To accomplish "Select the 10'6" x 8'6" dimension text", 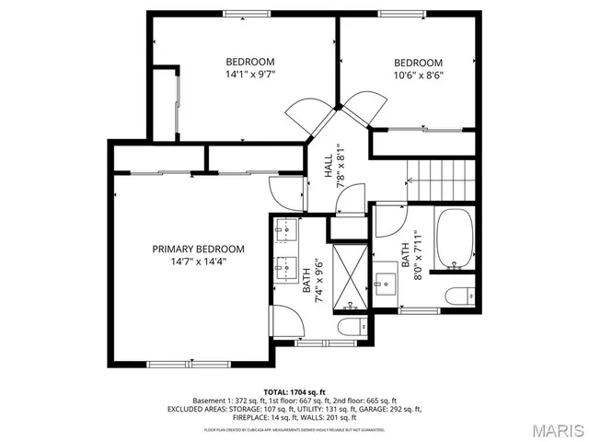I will point(419,76).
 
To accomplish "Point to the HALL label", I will point(329,167).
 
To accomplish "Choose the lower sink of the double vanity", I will point(283,270).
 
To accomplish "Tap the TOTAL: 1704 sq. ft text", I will point(294,391).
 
